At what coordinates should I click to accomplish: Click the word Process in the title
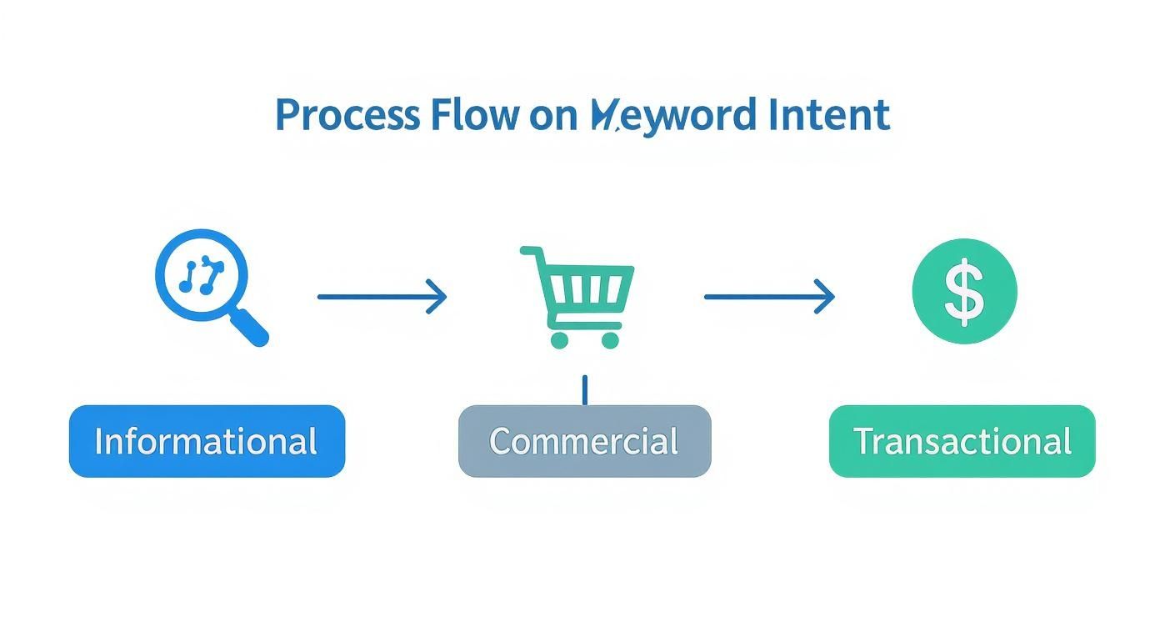(x=347, y=115)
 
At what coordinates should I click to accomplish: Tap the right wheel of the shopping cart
(x=611, y=339)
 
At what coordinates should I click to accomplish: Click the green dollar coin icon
(x=964, y=291)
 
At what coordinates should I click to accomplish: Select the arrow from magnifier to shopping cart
(x=382, y=296)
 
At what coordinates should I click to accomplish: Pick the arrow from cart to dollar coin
(x=768, y=296)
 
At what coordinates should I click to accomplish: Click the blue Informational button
(x=207, y=441)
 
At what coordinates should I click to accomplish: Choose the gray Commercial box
(x=584, y=441)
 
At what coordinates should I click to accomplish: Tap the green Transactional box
(x=962, y=441)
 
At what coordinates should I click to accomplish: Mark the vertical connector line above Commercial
(x=584, y=389)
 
